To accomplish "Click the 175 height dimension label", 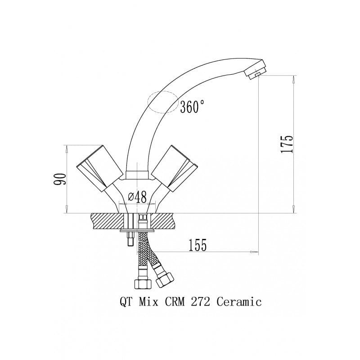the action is click(287, 144).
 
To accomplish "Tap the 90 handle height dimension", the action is click(60, 179).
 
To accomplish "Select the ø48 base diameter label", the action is click(137, 197).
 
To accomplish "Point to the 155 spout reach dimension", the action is click(198, 245).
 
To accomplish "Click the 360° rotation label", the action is click(192, 107).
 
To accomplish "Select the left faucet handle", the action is click(99, 168).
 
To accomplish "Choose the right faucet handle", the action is click(175, 168).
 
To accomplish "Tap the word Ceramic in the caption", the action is click(239, 301).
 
